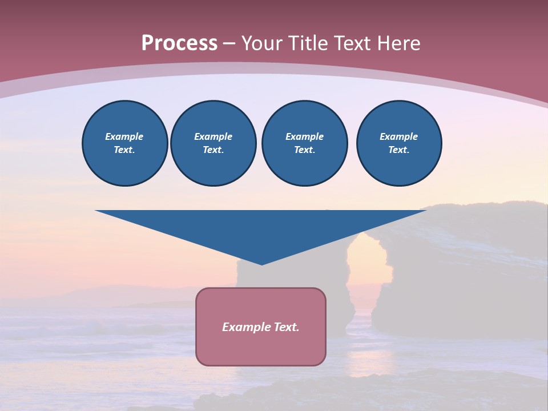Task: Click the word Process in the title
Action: point(179,43)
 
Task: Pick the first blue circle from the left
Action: point(125,143)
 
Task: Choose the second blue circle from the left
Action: point(213,143)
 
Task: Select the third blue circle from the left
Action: point(304,143)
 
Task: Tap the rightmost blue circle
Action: point(399,143)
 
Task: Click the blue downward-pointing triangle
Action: point(261,228)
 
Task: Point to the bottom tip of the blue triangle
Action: point(261,264)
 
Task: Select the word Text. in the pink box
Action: point(287,327)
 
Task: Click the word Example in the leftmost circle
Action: point(124,136)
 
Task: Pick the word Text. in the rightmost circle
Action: point(399,150)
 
